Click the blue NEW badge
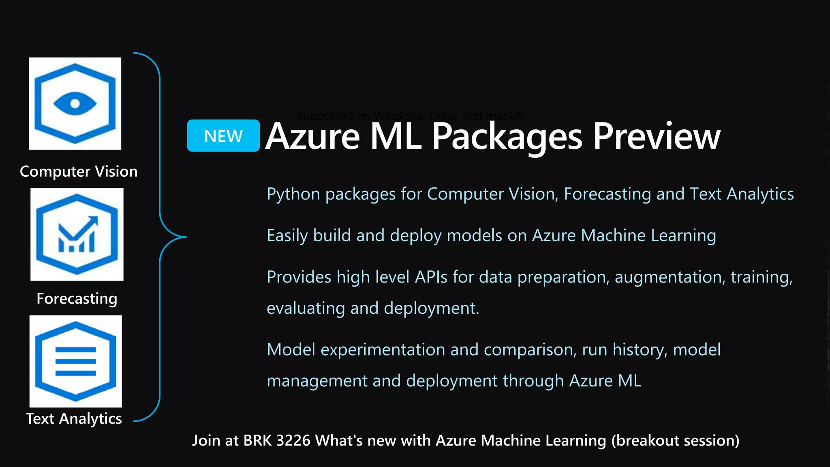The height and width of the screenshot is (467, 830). (223, 136)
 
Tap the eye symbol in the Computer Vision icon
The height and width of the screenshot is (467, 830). (75, 104)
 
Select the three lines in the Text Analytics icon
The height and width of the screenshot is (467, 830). (75, 361)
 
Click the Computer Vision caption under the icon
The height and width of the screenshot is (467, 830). (79, 171)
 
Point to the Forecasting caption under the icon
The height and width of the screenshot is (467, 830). (77, 299)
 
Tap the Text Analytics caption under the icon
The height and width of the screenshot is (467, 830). (74, 418)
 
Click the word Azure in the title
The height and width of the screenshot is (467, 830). (312, 137)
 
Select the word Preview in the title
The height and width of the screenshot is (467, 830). (657, 137)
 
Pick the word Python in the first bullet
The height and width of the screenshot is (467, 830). (293, 195)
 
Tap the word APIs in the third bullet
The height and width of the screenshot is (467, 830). (431, 277)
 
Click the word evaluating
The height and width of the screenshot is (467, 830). (306, 308)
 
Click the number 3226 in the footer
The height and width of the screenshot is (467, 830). (293, 441)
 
